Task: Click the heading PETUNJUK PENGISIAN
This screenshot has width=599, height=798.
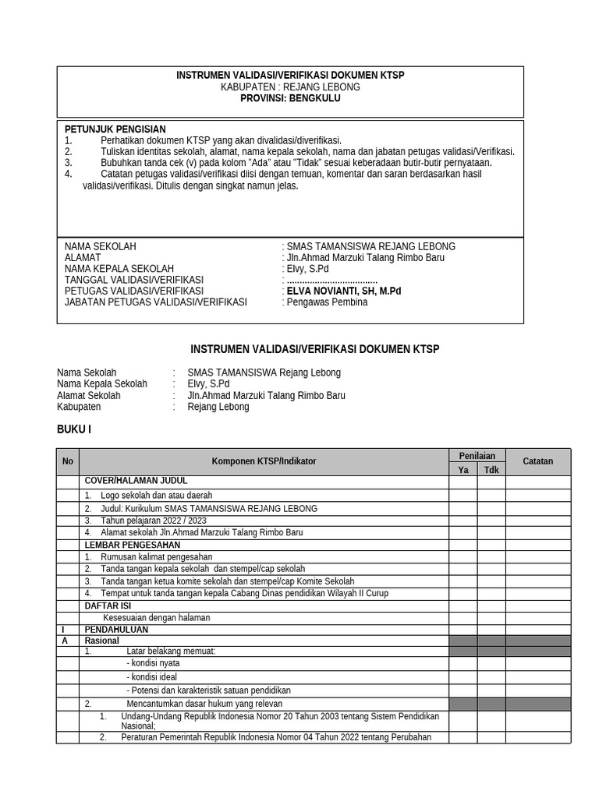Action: (115, 129)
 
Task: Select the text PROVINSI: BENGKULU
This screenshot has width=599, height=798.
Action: (290, 98)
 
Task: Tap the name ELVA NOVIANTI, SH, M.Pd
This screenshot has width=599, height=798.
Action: (344, 291)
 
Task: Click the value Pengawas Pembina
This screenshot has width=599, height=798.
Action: (327, 302)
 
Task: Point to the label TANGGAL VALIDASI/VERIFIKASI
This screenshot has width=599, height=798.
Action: (133, 280)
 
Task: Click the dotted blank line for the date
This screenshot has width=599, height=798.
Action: (332, 280)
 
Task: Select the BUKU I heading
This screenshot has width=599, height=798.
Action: (74, 429)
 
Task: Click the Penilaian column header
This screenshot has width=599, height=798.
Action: (477, 455)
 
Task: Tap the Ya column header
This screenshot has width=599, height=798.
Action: (463, 469)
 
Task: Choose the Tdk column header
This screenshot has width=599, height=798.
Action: (491, 469)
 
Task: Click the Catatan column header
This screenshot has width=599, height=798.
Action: (537, 461)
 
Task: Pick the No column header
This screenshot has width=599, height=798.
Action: (68, 461)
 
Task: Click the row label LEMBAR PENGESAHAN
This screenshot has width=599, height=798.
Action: (132, 545)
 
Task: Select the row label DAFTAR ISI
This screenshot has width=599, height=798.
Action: (108, 605)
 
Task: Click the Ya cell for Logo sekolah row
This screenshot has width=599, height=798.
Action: (463, 495)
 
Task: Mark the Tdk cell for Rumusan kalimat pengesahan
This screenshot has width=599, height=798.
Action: (491, 556)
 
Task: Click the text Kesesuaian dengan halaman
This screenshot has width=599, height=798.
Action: (157, 617)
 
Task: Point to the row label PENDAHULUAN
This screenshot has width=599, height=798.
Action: (117, 629)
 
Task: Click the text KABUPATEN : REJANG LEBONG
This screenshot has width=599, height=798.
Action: (290, 87)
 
